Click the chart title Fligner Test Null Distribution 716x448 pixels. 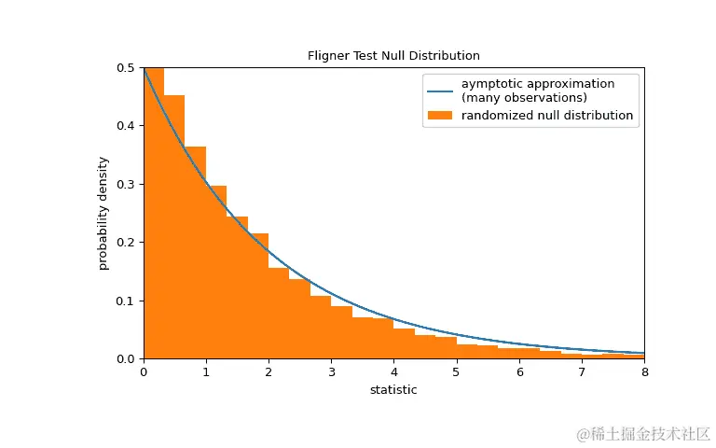click(x=393, y=56)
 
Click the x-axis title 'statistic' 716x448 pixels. click(x=393, y=389)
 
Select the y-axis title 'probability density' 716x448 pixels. click(x=103, y=213)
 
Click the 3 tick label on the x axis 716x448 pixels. click(x=331, y=372)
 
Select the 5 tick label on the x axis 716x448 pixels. click(x=456, y=372)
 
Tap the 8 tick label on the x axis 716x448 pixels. click(x=644, y=372)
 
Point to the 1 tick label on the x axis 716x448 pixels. click(x=206, y=372)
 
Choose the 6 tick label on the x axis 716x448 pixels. click(x=519, y=372)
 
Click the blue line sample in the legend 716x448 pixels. click(x=440, y=91)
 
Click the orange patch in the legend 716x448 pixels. click(x=440, y=116)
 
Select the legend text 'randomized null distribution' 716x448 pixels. click(x=547, y=116)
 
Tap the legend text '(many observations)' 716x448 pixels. click(x=524, y=98)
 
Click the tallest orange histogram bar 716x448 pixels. click(x=154, y=215)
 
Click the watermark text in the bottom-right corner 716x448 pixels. click(x=642, y=434)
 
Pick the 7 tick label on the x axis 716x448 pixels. click(x=582, y=372)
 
